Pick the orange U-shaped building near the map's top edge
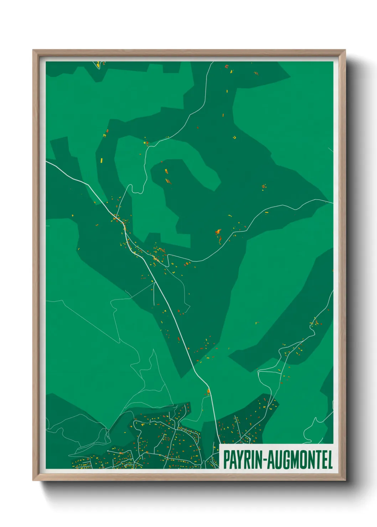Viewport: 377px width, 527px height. point(226,66)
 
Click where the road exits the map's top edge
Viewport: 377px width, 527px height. point(213,62)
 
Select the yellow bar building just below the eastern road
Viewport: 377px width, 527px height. point(267,213)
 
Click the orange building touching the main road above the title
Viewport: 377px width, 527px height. point(208,392)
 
